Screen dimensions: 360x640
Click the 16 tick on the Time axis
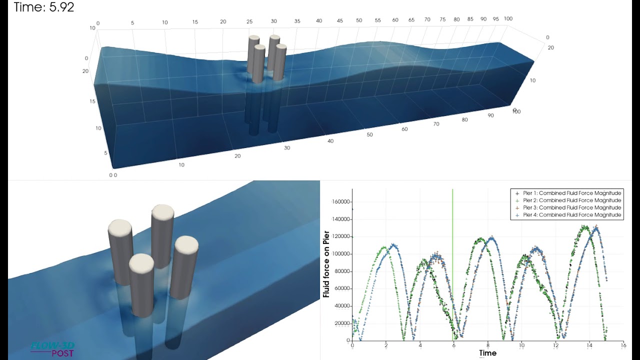click(623, 345)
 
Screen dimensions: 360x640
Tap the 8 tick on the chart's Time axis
click(488, 345)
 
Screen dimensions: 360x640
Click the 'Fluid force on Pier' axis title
click(326, 264)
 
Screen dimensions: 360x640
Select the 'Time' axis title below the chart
click(488, 353)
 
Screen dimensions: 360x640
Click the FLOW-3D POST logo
click(52, 349)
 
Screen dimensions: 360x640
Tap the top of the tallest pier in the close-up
click(162, 212)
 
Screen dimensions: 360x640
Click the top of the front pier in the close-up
click(141, 262)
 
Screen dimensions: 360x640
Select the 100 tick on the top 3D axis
click(508, 18)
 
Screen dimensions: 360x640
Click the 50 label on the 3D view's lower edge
click(370, 135)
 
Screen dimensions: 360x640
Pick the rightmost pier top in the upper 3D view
click(280, 47)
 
